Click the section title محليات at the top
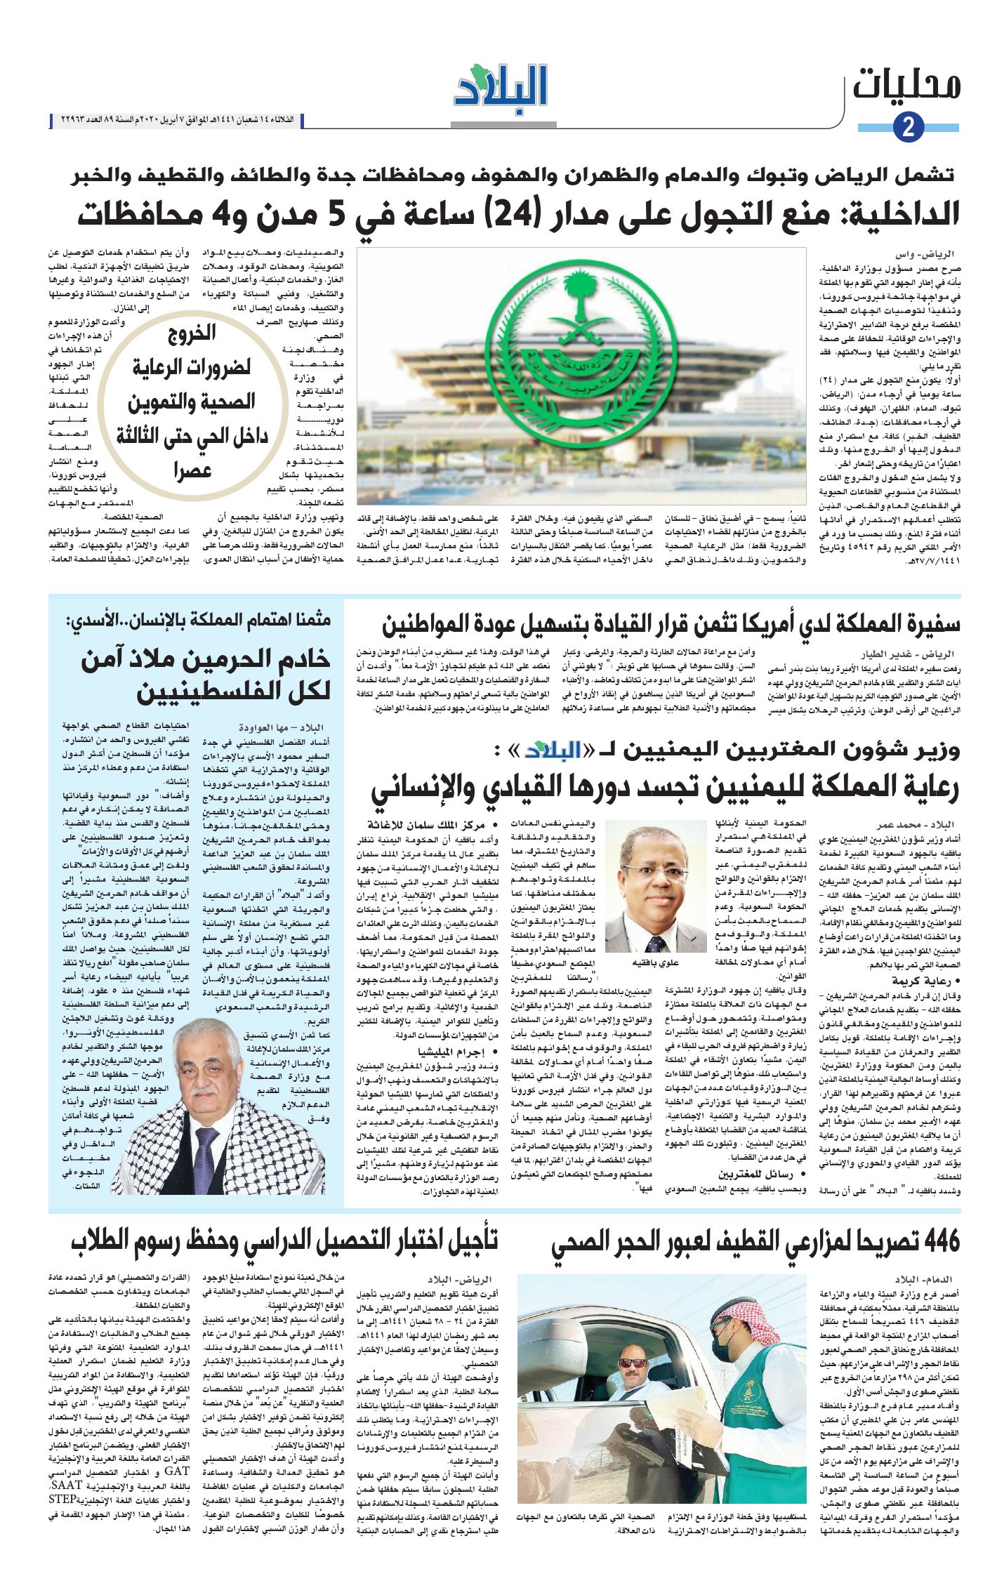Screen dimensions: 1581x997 click(x=906, y=85)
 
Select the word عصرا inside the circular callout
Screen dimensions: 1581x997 click(x=192, y=470)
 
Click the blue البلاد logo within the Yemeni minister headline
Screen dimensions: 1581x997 click(x=553, y=750)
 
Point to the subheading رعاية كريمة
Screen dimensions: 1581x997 click(x=920, y=981)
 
